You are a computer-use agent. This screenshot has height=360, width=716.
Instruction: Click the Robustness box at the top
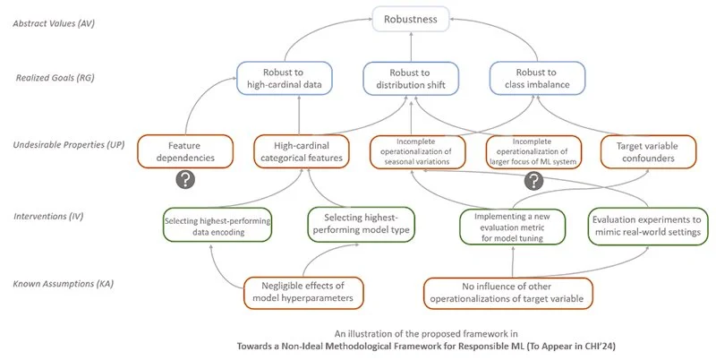pos(411,19)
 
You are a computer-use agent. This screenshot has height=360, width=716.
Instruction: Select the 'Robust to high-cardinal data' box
pos(284,78)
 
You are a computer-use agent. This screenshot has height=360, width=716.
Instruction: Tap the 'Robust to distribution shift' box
pos(411,79)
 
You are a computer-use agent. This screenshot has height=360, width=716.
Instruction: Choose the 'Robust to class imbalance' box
pos(537,78)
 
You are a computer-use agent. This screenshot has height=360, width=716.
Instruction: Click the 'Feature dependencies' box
pos(185,151)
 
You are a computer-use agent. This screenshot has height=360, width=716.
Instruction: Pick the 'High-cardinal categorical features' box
pos(302,151)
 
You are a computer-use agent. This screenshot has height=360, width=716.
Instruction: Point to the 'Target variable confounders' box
pos(648,152)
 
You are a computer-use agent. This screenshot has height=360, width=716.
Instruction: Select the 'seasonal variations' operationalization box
pos(417,152)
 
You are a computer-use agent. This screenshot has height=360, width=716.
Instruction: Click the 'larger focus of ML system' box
pos(533,152)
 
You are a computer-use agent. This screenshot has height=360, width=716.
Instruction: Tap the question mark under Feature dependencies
pos(185,180)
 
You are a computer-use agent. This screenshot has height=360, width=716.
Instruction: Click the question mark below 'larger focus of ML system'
pos(533,182)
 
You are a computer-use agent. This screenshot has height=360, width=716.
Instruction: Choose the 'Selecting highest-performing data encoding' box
pos(217,226)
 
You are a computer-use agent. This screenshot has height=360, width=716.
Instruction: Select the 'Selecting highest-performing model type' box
pos(362,224)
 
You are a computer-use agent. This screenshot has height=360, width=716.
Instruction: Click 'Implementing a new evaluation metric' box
pos(512,227)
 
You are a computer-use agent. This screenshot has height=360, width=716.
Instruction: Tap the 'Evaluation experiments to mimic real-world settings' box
pos(648,227)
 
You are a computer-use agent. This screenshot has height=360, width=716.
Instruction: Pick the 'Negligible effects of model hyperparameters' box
pos(303,292)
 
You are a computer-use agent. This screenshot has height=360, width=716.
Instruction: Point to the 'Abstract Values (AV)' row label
pos(54,23)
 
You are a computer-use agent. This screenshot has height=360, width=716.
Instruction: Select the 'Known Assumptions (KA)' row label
pos(63,284)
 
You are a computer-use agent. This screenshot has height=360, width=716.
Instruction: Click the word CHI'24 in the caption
pos(599,346)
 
